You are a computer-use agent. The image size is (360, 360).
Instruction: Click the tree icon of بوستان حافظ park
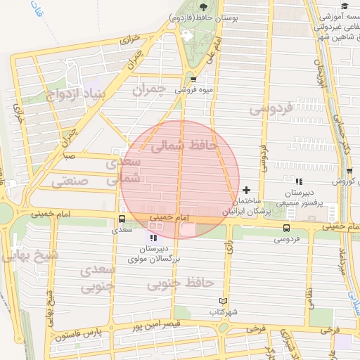(203, 6)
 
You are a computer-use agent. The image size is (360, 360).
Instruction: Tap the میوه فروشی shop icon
(193, 79)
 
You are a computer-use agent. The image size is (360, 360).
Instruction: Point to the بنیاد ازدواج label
(78, 94)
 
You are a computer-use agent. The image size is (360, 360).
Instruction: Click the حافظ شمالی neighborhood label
(181, 146)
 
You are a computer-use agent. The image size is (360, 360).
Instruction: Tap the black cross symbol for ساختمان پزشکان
(246, 190)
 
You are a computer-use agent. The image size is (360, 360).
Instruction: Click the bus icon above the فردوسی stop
(285, 228)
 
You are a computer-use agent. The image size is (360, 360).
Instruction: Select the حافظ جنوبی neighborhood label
(180, 283)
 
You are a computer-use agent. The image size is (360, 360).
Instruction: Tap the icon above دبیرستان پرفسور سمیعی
(299, 181)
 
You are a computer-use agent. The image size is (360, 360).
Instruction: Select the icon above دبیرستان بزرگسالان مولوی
(154, 239)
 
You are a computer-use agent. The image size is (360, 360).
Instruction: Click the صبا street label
(69, 155)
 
